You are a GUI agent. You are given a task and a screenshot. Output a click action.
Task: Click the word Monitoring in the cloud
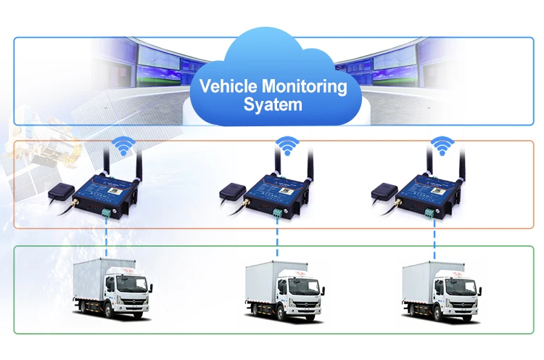305,87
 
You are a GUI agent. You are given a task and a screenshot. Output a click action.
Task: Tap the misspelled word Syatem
272,105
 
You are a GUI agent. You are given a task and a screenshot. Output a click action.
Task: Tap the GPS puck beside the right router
384,192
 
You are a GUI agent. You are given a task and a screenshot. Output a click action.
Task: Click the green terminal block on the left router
106,212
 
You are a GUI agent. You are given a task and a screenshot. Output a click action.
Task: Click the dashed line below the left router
106,236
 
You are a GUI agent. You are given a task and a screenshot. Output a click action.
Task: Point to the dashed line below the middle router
278,236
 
